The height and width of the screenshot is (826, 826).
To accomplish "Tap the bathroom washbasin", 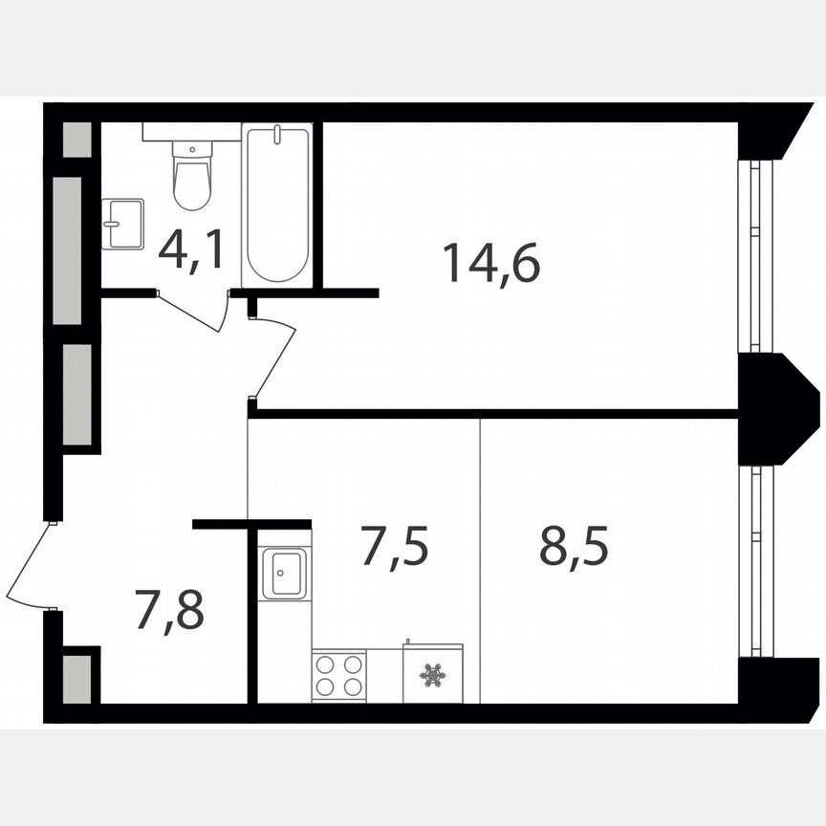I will point(122,224).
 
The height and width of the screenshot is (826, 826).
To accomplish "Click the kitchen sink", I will point(283,573).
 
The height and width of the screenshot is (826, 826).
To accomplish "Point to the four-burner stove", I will point(338,675).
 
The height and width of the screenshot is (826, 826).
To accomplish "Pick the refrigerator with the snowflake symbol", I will point(432,675).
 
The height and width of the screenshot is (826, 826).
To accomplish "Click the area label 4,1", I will point(192,250).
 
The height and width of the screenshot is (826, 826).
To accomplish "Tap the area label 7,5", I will point(393,547).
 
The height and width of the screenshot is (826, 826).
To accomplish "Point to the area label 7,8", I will point(169,611).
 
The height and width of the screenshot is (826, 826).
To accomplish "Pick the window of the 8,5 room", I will point(759,560).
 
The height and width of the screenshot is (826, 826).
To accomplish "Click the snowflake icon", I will point(432,676).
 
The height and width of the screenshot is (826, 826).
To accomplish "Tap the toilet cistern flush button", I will point(192,149).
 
